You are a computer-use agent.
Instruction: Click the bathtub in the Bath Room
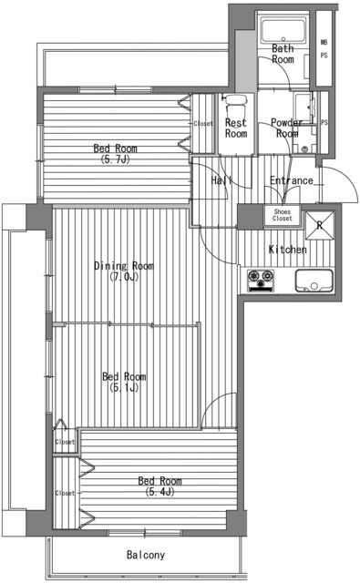pos(283,30)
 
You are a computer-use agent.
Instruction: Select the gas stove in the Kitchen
pos(261,281)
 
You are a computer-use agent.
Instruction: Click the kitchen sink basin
pos(314,281)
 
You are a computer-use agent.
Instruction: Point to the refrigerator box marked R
pos(320,225)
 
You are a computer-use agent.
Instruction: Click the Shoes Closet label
pos(283,215)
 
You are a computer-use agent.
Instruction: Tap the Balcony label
pos(146,555)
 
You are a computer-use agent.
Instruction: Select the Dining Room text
pos(124,266)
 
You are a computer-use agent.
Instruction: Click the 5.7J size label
pos(115,159)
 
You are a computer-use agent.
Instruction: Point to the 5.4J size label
pos(159,492)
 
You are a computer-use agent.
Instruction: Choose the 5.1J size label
pos(124,387)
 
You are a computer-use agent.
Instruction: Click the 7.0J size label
pos(124,277)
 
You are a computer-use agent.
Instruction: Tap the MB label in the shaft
pos(324,43)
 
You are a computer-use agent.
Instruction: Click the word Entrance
pos(292,180)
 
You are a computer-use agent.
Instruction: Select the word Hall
pos(221,180)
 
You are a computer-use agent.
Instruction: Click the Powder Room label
pos(287,128)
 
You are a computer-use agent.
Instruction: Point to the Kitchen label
pos(288,249)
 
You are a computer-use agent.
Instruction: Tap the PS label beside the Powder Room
pos(324,122)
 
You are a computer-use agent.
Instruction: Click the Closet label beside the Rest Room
pos(203,124)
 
